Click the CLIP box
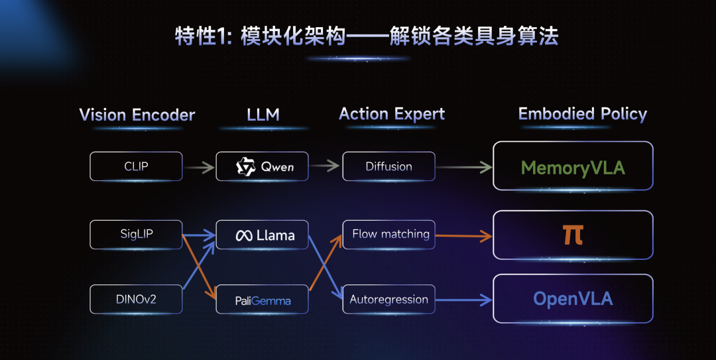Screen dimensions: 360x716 pos(136,166)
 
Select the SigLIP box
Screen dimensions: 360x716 pos(136,234)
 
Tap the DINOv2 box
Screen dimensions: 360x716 pos(136,299)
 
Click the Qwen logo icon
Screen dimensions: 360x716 pos(247,167)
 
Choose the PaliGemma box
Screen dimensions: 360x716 pos(263,300)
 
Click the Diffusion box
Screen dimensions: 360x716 pos(388,166)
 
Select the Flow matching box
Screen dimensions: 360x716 pos(388,234)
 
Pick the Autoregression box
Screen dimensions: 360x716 pos(388,300)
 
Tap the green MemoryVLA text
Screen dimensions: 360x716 pos(573,167)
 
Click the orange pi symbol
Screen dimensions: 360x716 pos(573,235)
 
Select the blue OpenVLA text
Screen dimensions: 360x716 pos(573,299)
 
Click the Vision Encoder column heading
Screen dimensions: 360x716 pos(137,115)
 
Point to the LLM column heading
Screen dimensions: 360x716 pos(263,115)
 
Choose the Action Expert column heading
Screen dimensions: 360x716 pos(392,114)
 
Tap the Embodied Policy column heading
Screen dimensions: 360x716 pos(582,114)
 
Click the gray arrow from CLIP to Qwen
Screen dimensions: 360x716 pos(199,167)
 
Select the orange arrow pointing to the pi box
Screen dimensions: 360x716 pos(464,235)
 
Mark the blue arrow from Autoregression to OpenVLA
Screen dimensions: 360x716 pos(464,300)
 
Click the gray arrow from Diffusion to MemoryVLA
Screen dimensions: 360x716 pos(464,167)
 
